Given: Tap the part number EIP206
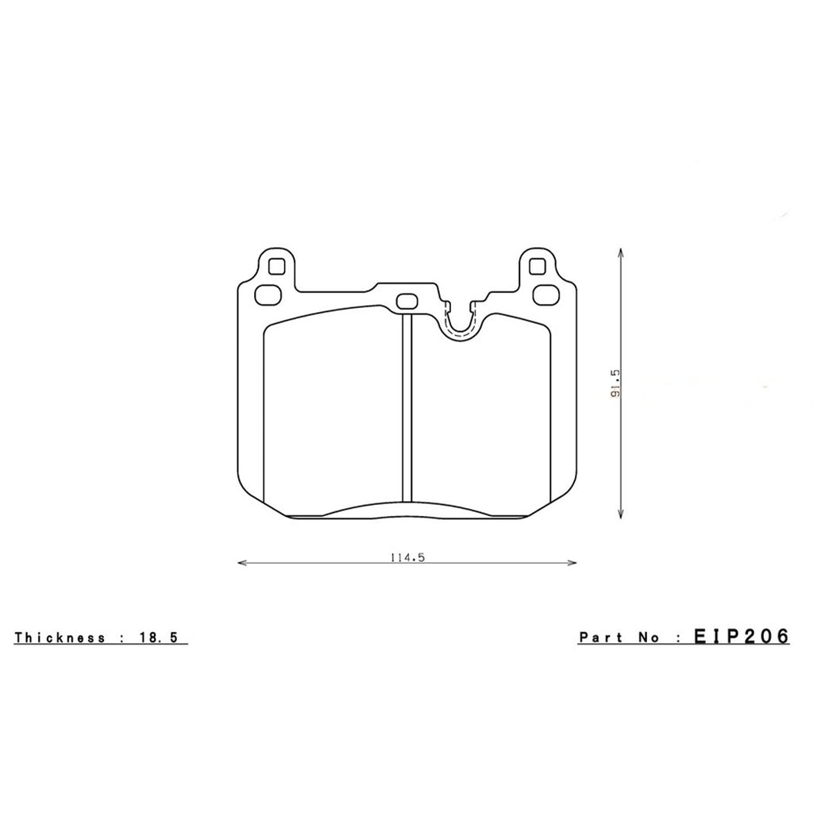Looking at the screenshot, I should coord(741,637).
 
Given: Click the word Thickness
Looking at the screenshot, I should coord(60,638).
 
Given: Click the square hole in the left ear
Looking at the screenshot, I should coord(275,265).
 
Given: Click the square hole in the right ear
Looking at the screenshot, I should coord(538,265).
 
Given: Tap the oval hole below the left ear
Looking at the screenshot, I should coord(267,293).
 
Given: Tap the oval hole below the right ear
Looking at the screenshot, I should coord(546,293).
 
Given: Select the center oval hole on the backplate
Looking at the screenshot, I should coord(407,302).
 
